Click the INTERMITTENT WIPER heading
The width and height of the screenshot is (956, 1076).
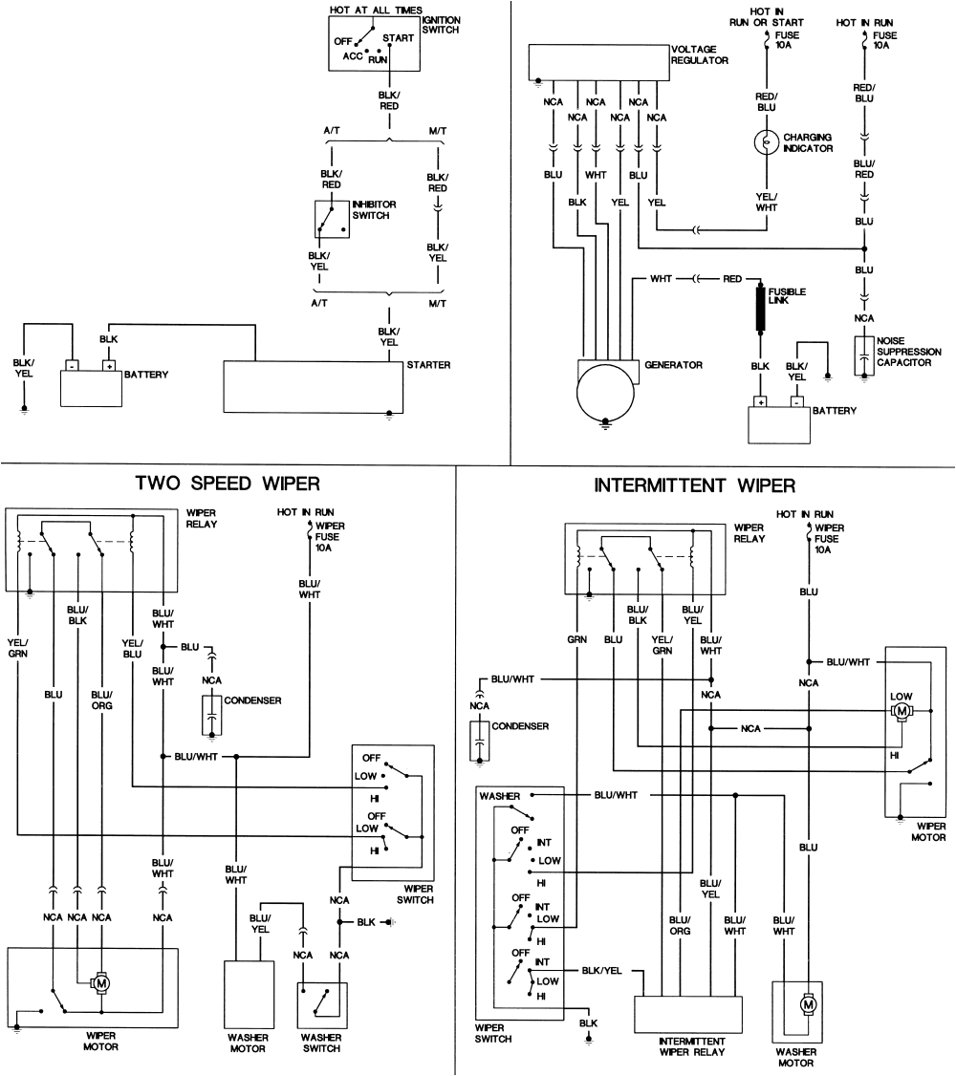694,485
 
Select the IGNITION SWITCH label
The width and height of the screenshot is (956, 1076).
440,25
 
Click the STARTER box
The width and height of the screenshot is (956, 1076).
313,388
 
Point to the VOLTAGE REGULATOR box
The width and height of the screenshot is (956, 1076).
597,62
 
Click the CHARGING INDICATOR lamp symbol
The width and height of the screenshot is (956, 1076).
767,142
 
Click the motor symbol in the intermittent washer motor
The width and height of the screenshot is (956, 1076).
809,1003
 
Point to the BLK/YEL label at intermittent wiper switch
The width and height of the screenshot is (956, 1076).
601,970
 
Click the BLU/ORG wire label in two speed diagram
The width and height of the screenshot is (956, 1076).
101,699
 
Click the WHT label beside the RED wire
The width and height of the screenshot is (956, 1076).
661,279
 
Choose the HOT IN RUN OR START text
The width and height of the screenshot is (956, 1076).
766,16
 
